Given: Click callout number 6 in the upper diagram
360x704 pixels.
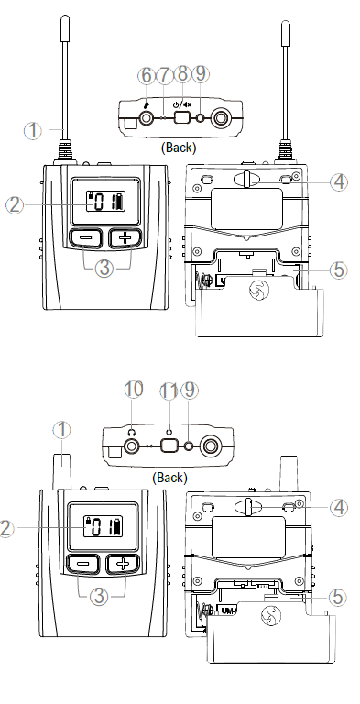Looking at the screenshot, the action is click(x=147, y=76).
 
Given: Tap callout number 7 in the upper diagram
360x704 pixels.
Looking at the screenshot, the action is click(x=164, y=76).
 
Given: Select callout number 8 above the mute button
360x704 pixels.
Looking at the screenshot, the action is click(x=182, y=74).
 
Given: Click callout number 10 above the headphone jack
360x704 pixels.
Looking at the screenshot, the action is click(x=134, y=390).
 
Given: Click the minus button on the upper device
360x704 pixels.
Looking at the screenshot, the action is click(x=86, y=238).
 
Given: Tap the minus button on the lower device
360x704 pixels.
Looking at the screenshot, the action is click(x=85, y=564).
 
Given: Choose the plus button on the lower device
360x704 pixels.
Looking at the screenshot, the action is click(x=123, y=564).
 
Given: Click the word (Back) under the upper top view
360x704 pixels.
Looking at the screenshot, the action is click(x=179, y=147).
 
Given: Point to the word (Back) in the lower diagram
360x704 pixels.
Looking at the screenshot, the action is click(x=169, y=478).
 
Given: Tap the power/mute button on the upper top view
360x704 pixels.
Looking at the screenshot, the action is click(x=182, y=118).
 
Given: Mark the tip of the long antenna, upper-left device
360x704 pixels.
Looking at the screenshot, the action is click(x=65, y=17).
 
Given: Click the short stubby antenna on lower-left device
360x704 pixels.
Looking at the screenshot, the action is click(x=62, y=471).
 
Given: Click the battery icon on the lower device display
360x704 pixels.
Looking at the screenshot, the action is click(x=117, y=527).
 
